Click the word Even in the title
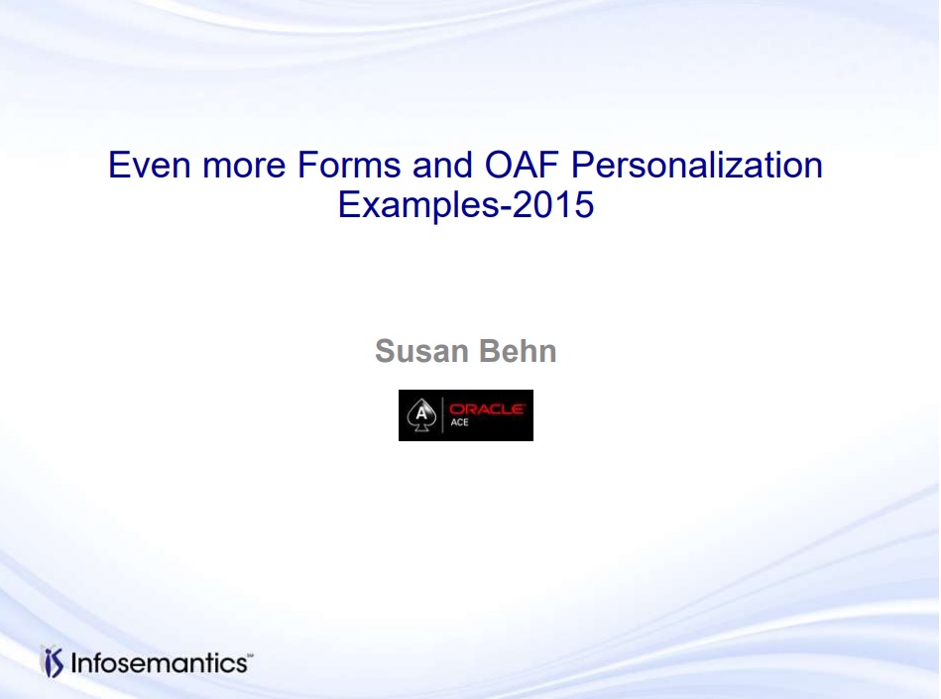(149, 165)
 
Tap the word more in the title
(244, 167)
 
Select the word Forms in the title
(349, 165)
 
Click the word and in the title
(441, 165)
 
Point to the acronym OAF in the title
(521, 165)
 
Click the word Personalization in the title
(696, 166)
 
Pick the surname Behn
(518, 351)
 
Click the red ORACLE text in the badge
(487, 409)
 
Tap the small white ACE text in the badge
(459, 422)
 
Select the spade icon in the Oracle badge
(421, 414)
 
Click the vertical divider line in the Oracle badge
(442, 415)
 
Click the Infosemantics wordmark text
(159, 663)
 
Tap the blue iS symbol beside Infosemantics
(54, 662)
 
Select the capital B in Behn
(490, 351)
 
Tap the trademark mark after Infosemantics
(250, 655)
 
